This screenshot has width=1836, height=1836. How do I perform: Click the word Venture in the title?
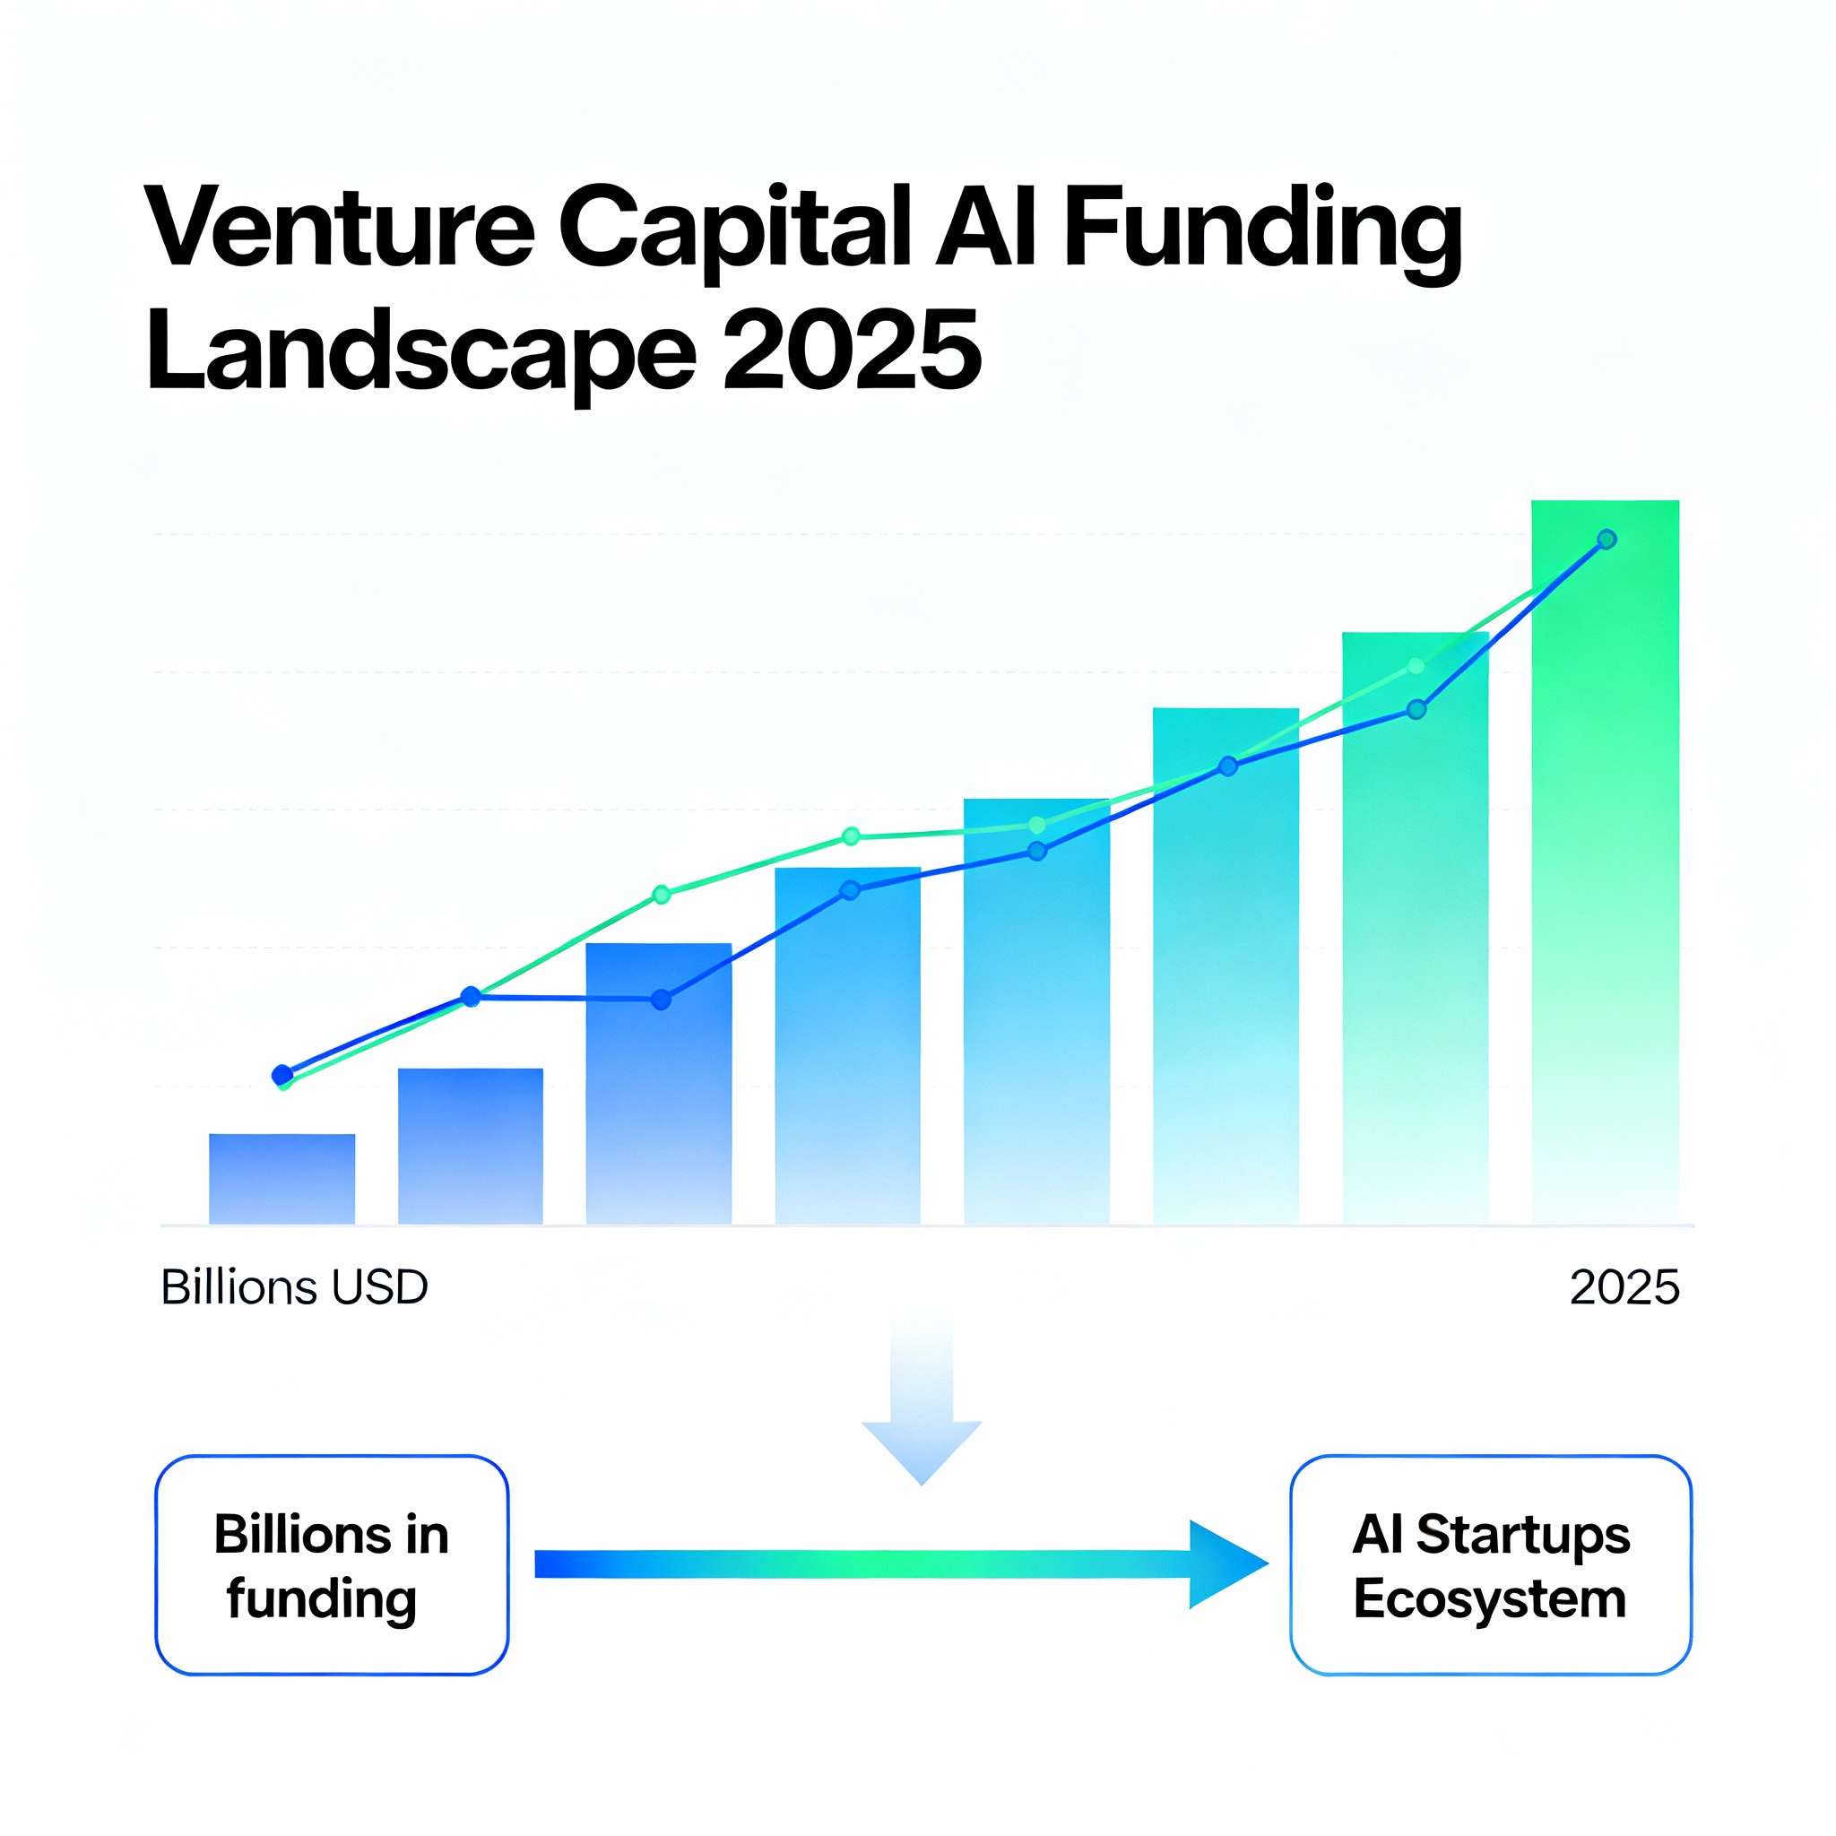tap(339, 228)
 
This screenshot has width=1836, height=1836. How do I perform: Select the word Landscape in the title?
tap(422, 351)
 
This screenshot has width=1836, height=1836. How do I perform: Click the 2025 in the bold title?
tap(852, 349)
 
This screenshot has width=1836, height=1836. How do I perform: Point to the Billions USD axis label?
tap(295, 1287)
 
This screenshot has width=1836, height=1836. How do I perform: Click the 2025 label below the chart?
tap(1624, 1287)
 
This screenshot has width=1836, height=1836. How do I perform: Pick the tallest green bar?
tap(1605, 862)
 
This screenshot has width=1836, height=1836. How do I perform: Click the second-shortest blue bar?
tap(471, 1146)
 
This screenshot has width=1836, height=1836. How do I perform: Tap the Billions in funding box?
tap(332, 1565)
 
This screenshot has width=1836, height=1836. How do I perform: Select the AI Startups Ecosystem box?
tap(1491, 1565)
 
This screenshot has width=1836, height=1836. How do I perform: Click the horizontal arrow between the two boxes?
tap(901, 1564)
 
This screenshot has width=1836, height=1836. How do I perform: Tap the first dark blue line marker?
tap(282, 1075)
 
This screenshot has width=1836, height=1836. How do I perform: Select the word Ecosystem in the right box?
tap(1490, 1599)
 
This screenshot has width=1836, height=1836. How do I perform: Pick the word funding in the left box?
tap(321, 1599)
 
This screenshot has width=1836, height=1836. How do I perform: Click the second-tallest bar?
tap(1415, 928)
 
